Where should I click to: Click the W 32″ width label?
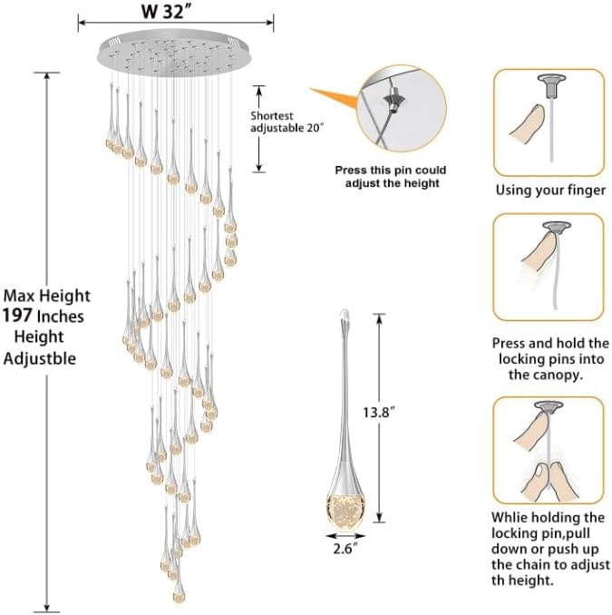[x=169, y=15]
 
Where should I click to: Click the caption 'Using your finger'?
[x=549, y=190]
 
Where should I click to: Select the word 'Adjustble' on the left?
[x=41, y=358]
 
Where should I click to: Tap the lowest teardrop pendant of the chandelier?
[x=178, y=591]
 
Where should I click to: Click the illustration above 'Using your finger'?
[x=549, y=123]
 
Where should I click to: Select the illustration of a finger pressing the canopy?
[x=549, y=268]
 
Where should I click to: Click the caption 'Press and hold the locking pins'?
[x=549, y=358]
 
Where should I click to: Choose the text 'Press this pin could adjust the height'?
[x=391, y=176]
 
